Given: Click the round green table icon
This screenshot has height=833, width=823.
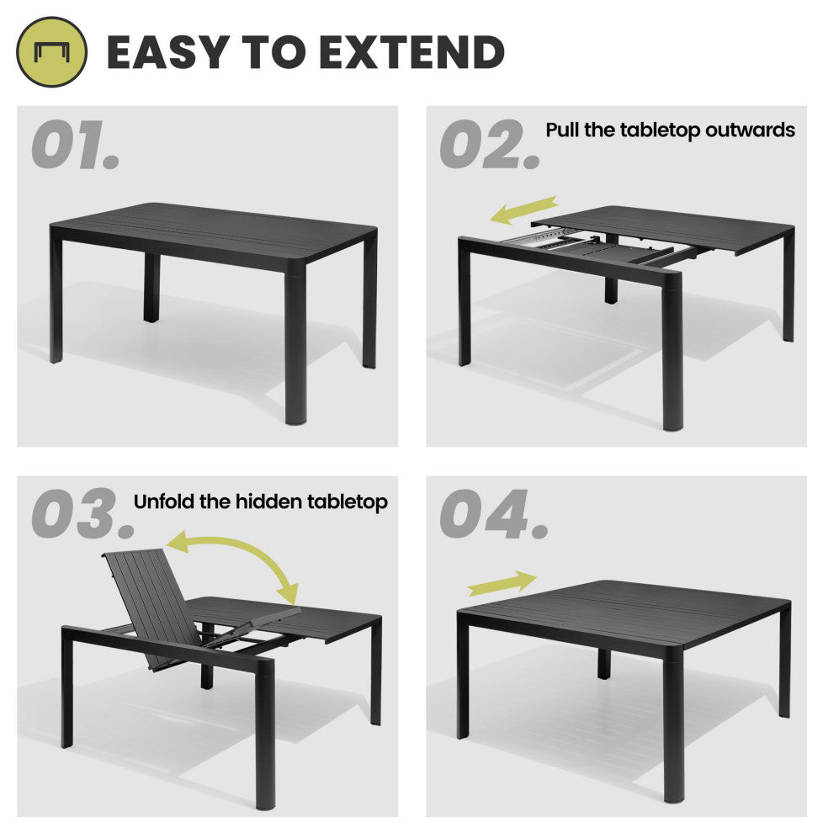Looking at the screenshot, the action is [51, 52].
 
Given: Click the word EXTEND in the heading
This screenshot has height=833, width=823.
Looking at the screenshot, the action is [411, 52].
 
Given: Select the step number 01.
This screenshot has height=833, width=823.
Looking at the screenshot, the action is [76, 145].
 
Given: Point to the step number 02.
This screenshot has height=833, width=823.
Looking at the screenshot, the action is [490, 145].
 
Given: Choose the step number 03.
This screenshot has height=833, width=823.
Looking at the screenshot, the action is [82, 513].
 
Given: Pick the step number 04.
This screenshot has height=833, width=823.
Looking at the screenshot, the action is [494, 514].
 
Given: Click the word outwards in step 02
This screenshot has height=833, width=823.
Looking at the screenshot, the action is [750, 130].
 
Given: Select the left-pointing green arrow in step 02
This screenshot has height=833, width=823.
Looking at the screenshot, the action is [523, 210].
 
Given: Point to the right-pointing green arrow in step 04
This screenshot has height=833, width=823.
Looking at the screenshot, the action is [502, 583].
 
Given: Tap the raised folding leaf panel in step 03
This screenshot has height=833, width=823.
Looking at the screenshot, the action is [151, 608].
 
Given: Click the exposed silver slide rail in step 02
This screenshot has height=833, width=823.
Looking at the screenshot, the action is [537, 238].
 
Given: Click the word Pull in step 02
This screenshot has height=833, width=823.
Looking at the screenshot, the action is [563, 130].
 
